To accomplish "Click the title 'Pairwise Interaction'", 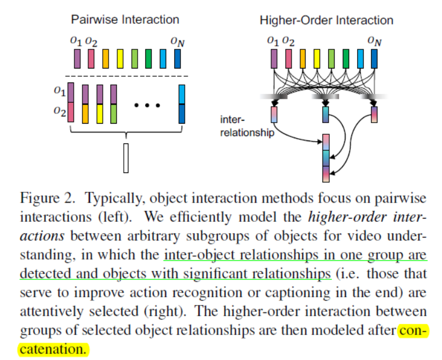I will point(125,20).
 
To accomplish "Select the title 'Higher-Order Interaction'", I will point(326,20).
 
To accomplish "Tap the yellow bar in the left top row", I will point(120,59).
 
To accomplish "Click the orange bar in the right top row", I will point(303,59).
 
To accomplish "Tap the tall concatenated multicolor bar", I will point(325,158).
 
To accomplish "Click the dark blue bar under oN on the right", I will point(375,59).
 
